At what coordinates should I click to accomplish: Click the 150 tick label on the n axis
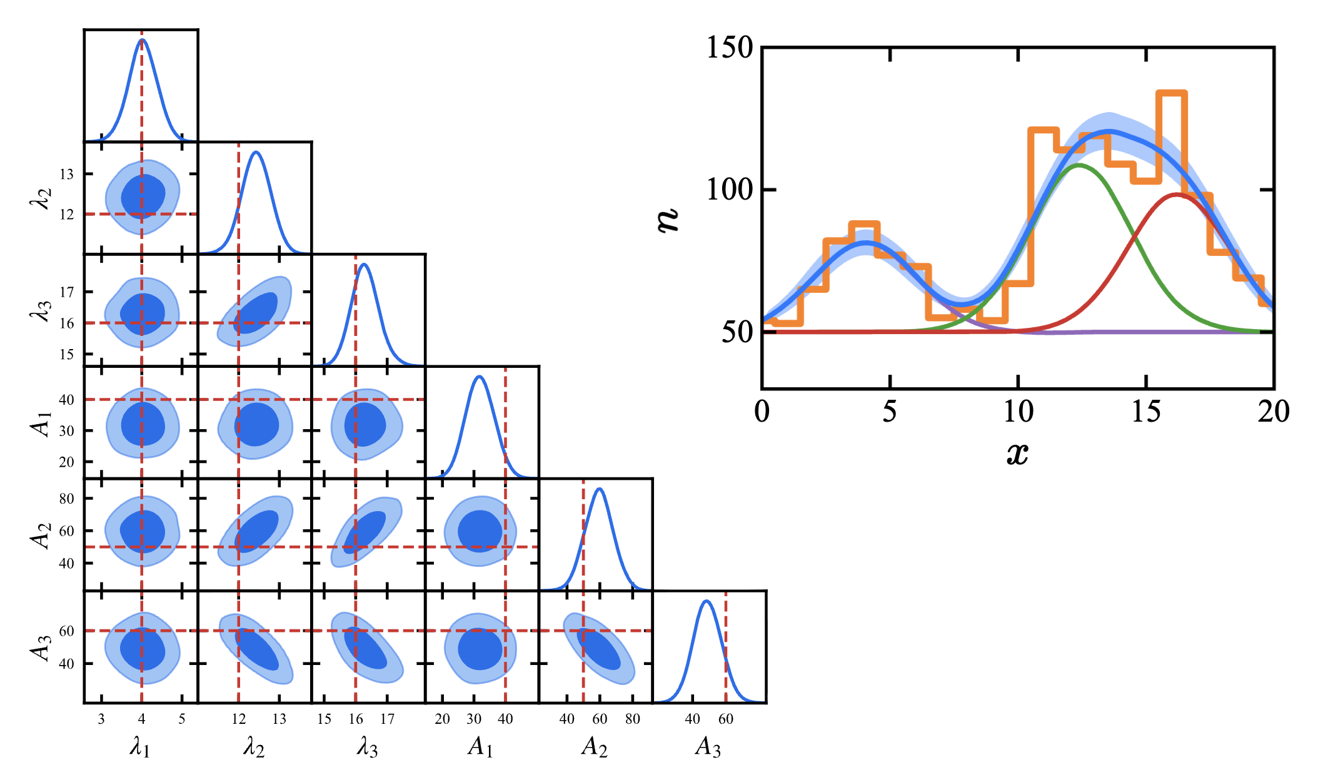pyautogui.click(x=730, y=48)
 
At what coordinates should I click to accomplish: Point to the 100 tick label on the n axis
pyautogui.click(x=730, y=189)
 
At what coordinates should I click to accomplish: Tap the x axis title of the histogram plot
pyautogui.click(x=1017, y=453)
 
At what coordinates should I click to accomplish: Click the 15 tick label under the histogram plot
pyautogui.click(x=1146, y=412)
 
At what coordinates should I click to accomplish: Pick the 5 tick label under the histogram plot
pyautogui.click(x=890, y=412)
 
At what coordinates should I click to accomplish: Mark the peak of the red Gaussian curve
pyautogui.click(x=1177, y=195)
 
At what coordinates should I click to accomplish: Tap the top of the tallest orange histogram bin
pyautogui.click(x=1172, y=93)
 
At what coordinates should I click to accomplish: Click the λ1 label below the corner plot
pyautogui.click(x=139, y=746)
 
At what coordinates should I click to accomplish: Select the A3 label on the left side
pyautogui.click(x=41, y=647)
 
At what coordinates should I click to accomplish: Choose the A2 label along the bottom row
pyautogui.click(x=594, y=746)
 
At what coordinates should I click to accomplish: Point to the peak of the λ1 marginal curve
pyautogui.click(x=142, y=40)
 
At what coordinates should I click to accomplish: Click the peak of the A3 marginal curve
pyautogui.click(x=707, y=601)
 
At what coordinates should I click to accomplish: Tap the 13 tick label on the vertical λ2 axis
pyautogui.click(x=67, y=174)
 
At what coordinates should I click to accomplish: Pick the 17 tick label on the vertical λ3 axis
pyautogui.click(x=67, y=292)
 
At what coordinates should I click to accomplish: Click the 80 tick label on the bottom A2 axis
pyautogui.click(x=633, y=719)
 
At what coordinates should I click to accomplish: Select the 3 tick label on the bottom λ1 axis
pyautogui.click(x=101, y=719)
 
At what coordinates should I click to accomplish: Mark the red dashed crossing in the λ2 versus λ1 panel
pyautogui.click(x=142, y=214)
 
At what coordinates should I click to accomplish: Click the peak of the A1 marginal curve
pyautogui.click(x=479, y=377)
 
